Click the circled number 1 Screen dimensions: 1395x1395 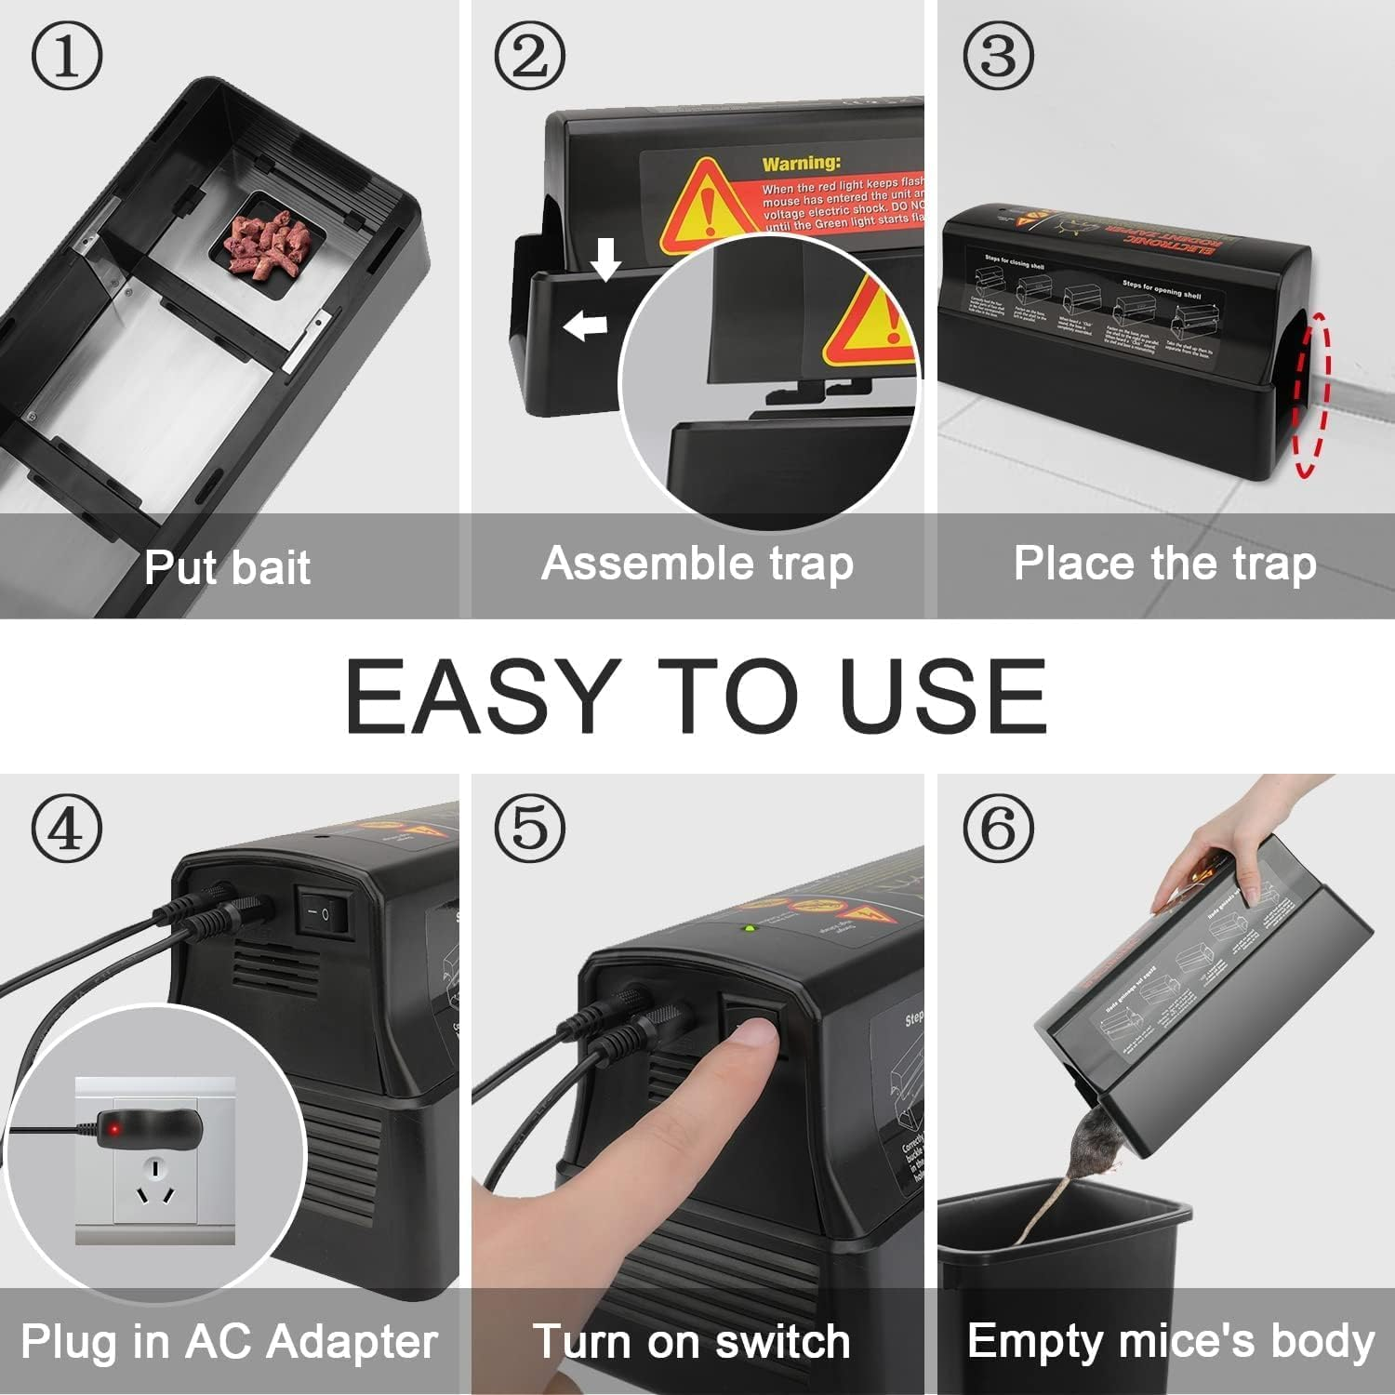point(67,56)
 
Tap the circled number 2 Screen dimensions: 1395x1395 point(529,56)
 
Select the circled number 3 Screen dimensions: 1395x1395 point(998,56)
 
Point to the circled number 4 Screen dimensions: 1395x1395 point(67,828)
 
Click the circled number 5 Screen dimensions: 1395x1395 point(529,828)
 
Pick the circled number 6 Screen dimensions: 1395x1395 point(998,828)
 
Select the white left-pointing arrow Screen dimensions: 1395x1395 point(585,325)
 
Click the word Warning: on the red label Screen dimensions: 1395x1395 point(801,165)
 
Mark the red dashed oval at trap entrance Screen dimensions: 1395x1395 point(1311,395)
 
